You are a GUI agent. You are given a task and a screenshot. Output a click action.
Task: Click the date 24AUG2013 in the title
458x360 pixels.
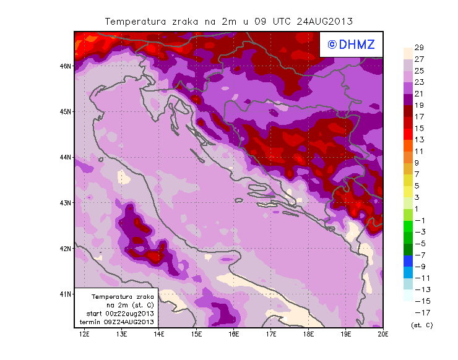click(324, 21)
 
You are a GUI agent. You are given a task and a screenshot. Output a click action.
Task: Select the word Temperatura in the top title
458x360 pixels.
click(132, 21)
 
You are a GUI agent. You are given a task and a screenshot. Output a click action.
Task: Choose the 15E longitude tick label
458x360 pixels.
click(196, 335)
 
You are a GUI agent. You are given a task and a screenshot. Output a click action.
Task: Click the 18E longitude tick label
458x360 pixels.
click(308, 335)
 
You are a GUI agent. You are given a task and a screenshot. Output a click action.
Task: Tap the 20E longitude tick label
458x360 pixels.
click(383, 335)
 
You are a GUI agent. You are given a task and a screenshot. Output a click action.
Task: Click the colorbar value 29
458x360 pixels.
click(419, 48)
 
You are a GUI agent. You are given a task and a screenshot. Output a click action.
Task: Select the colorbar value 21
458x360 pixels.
click(419, 93)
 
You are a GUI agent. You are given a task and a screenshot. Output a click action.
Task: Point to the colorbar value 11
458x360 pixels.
click(419, 151)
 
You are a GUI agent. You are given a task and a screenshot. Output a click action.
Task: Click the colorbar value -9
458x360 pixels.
click(419, 266)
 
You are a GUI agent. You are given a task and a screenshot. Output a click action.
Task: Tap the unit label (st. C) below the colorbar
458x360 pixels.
click(421, 325)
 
